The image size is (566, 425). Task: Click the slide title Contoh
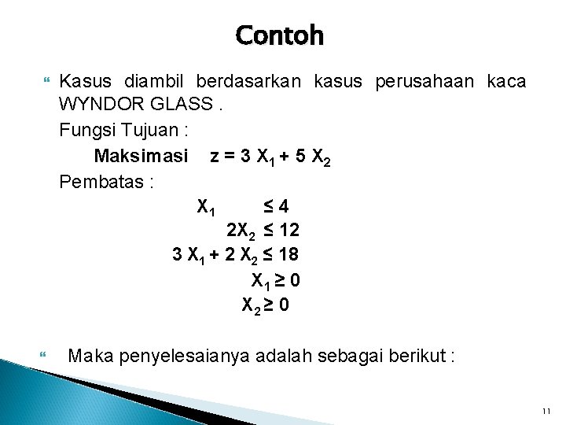[279, 35]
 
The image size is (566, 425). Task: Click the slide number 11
[547, 412]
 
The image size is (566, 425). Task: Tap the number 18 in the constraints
[289, 255]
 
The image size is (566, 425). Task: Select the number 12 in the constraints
[289, 231]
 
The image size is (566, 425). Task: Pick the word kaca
[506, 81]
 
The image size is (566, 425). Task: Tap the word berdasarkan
[251, 81]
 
